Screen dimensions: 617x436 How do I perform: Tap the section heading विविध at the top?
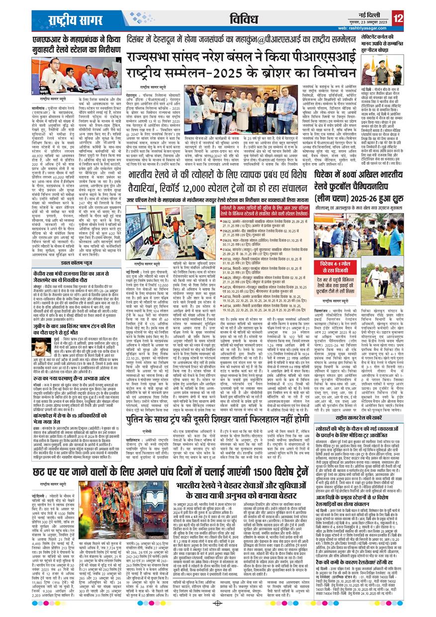point(243,19)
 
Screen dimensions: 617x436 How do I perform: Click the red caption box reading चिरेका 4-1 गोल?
point(335,276)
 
